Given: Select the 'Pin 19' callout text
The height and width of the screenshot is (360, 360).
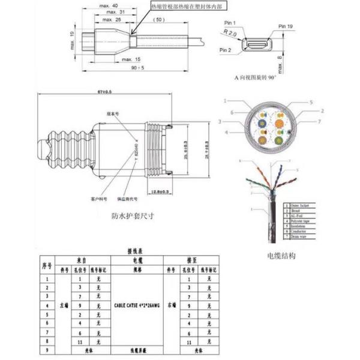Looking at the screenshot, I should [286, 27].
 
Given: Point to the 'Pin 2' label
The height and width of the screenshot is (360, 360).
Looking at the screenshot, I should [226, 50].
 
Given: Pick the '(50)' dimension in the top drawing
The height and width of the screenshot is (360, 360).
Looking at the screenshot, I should [159, 20].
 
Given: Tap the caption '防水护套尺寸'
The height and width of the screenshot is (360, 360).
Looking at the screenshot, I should [133, 217].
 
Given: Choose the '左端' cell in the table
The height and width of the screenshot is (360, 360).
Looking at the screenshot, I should [65, 305].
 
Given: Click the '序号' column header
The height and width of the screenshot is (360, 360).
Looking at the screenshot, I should [47, 265].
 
